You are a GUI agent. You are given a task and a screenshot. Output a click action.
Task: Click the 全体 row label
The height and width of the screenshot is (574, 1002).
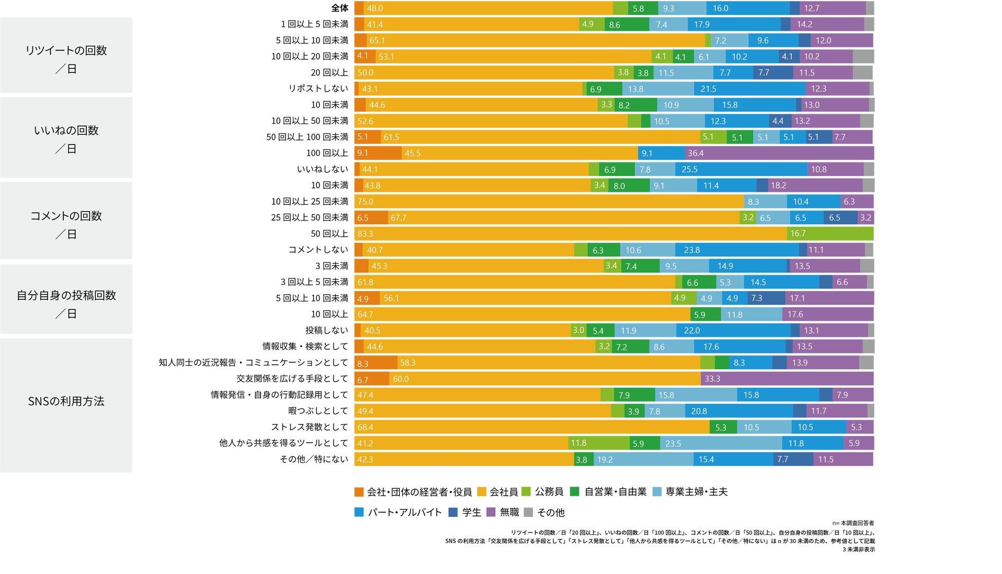(x=340, y=8)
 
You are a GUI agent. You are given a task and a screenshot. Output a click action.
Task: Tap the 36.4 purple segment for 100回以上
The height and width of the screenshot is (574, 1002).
(x=779, y=153)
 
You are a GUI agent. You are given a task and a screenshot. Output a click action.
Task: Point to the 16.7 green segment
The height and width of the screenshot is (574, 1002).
(x=829, y=234)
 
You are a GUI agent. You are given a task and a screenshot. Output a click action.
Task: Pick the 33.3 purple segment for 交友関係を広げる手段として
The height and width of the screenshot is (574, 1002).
(x=786, y=379)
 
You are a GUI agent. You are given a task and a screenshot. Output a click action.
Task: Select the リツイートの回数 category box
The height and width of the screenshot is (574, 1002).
(x=66, y=56)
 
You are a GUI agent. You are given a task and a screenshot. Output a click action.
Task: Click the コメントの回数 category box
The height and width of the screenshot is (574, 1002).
(x=66, y=221)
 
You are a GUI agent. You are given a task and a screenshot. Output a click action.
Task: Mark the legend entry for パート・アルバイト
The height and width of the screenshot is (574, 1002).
(x=399, y=513)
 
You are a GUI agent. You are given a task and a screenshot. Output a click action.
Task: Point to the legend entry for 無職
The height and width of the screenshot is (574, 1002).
(x=503, y=513)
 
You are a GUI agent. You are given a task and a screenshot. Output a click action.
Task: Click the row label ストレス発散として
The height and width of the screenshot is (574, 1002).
(x=309, y=427)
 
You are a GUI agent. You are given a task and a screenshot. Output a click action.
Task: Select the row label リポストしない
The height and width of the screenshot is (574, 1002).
(x=318, y=89)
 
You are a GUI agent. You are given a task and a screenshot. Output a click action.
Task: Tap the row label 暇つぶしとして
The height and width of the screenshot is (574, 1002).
(x=318, y=411)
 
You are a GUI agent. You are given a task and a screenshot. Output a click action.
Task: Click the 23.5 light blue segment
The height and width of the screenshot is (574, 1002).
(x=721, y=443)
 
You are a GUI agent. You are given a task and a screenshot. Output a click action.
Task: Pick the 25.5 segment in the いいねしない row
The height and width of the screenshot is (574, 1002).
(x=741, y=169)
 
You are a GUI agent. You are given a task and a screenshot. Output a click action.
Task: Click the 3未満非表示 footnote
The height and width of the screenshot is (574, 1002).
(x=859, y=549)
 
